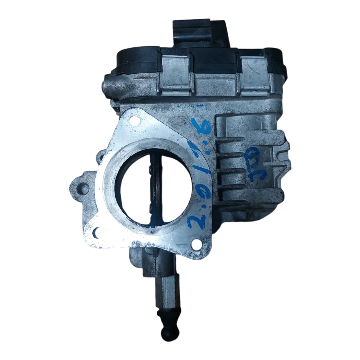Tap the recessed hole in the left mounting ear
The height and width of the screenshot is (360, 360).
pos(80,188)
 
